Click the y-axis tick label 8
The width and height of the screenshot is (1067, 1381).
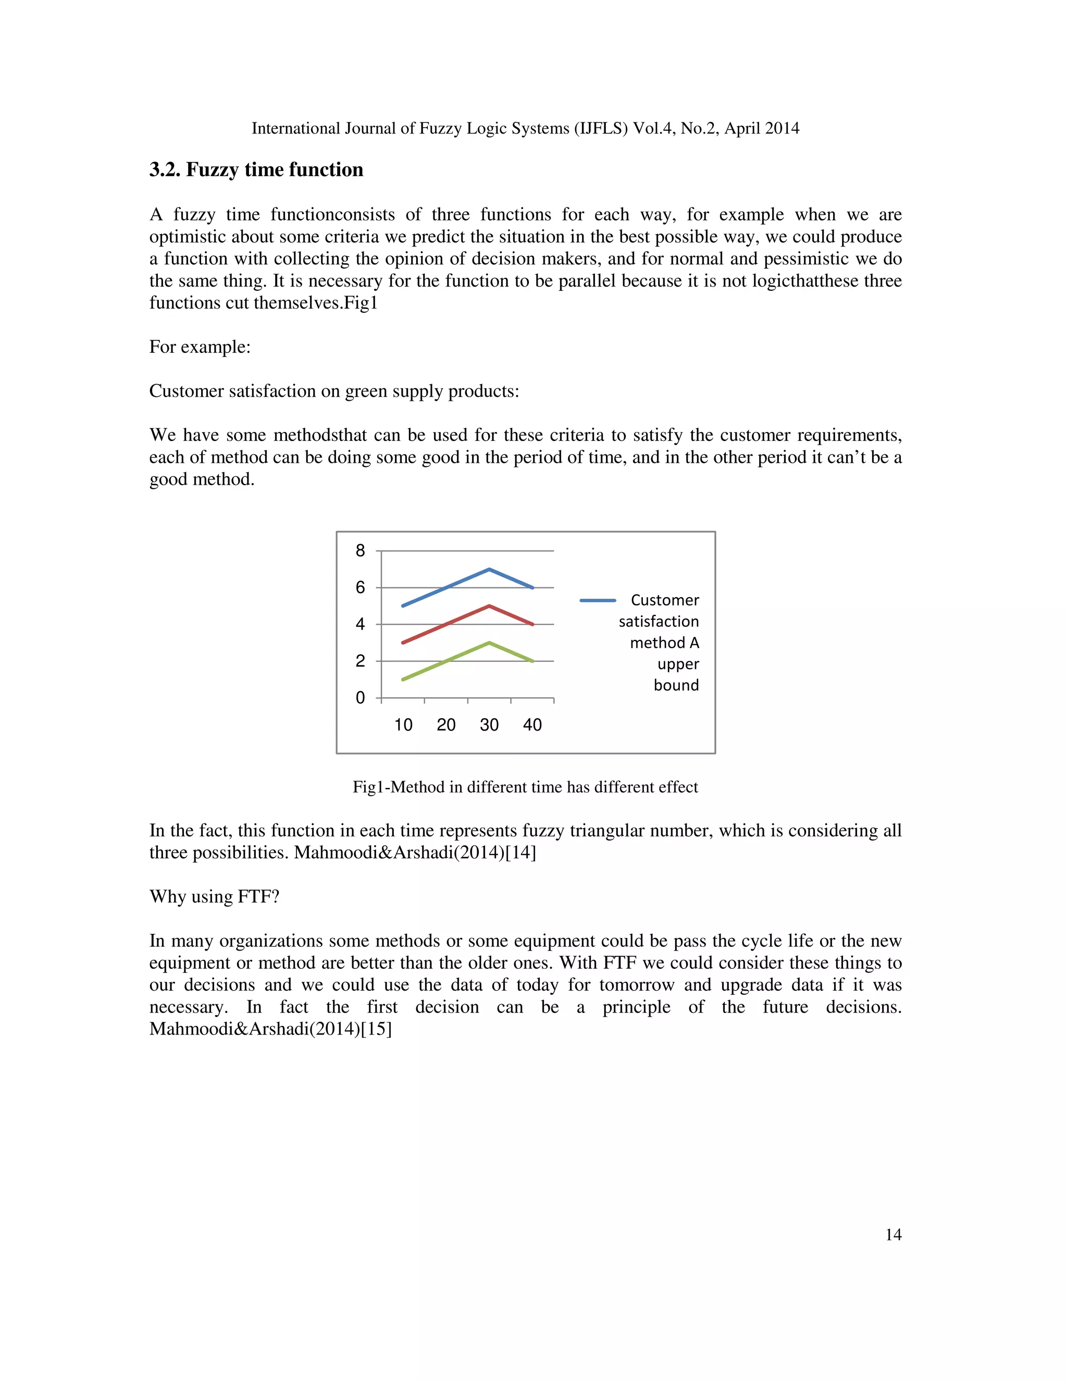coord(361,551)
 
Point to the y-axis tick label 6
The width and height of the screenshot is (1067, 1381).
coord(361,587)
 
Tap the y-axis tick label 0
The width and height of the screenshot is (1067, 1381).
coord(361,698)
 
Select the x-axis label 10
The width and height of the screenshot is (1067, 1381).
coord(403,725)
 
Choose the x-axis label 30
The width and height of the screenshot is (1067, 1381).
coord(489,725)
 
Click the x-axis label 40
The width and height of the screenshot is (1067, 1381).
coord(532,725)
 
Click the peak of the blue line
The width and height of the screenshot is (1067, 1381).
coord(489,569)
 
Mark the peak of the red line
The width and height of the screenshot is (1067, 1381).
coord(489,606)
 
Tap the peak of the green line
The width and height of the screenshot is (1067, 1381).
coord(489,643)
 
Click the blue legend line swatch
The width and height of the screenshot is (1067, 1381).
coord(598,600)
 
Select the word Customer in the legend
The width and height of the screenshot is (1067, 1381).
coord(665,600)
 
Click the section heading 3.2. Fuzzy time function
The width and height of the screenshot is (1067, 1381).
coord(256,169)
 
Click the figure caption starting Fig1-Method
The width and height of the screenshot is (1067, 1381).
coord(525,787)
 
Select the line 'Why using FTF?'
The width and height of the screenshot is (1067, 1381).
coord(214,897)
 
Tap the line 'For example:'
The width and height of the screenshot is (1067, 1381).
coord(200,347)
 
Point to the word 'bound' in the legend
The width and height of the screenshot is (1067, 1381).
coord(676,685)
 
